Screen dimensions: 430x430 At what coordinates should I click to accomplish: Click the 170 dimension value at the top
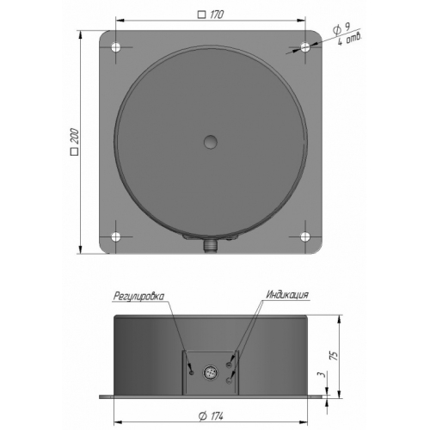(x=217, y=15)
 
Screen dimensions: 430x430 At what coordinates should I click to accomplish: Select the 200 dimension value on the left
(x=75, y=136)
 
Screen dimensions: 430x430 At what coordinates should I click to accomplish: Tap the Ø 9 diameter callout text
(x=341, y=29)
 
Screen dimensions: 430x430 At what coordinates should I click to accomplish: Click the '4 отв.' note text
(x=349, y=39)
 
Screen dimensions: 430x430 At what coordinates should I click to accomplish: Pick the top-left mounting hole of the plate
(x=116, y=47)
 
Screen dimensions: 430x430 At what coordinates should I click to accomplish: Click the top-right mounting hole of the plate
(x=305, y=47)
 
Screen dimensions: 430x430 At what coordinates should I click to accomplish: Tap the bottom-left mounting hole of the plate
(x=116, y=236)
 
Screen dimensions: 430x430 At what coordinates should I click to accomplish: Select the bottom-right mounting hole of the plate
(x=305, y=236)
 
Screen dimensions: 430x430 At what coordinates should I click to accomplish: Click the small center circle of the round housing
(x=211, y=142)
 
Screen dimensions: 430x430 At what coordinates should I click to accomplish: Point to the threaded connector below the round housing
(x=211, y=246)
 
